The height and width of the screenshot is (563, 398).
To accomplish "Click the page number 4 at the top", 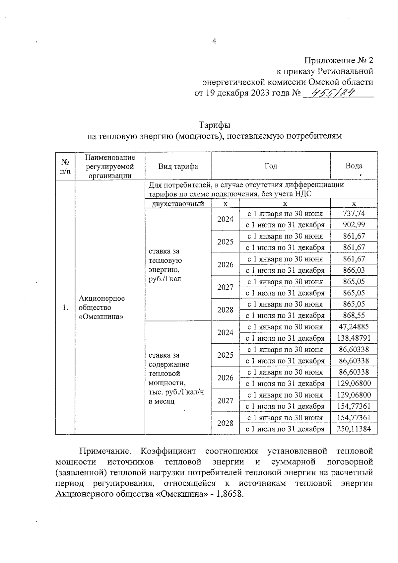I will click(214, 41).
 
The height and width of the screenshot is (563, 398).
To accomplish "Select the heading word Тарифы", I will click(214, 125).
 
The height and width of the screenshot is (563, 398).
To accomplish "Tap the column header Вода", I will click(354, 166).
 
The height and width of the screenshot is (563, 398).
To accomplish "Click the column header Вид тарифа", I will click(178, 166).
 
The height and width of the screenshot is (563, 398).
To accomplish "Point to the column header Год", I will click(271, 166).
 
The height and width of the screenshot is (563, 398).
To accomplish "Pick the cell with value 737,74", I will click(354, 214).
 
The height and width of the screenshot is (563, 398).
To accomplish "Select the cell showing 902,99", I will click(354, 225).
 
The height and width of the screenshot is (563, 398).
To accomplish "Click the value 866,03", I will click(354, 270).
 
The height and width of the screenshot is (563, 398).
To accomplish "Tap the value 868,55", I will click(354, 316).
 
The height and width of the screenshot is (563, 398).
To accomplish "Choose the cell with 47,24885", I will click(354, 327).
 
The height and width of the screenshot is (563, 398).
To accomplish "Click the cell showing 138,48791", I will click(354, 338).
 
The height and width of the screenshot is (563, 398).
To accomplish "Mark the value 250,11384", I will click(354, 429).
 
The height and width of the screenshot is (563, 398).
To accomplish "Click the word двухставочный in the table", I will click(178, 204).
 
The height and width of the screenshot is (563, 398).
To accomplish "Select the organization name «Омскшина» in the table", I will click(101, 317).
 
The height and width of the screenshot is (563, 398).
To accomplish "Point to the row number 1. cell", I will click(65, 308).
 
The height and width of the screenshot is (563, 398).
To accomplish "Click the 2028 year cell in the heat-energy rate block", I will click(225, 310).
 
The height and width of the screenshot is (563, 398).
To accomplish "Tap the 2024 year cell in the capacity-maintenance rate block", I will click(225, 332).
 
